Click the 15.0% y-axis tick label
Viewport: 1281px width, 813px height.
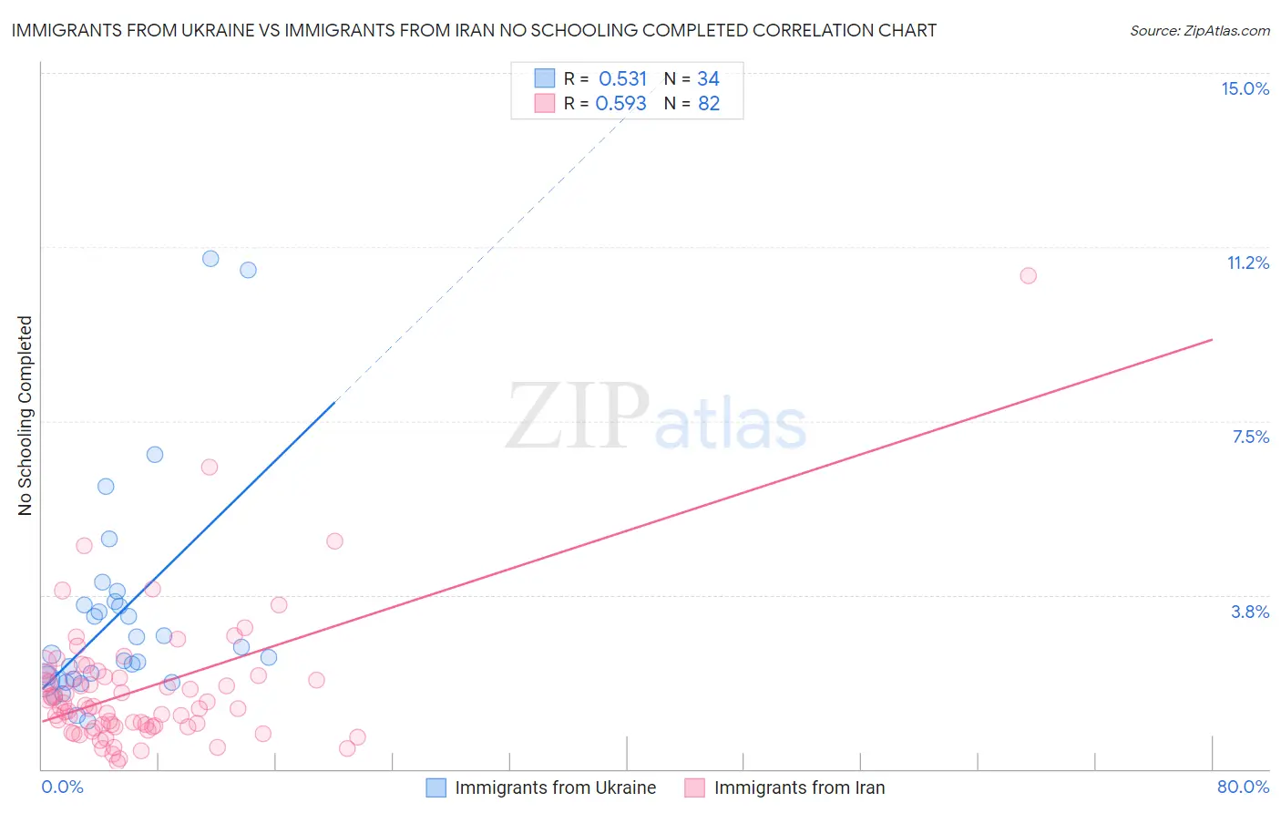click(x=1245, y=88)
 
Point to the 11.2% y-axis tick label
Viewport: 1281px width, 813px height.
click(x=1247, y=262)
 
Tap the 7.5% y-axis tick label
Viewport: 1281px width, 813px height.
click(x=1250, y=437)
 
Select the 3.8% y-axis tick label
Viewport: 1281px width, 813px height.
click(x=1250, y=612)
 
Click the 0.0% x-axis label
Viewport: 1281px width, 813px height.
click(x=62, y=787)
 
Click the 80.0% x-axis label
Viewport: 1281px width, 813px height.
click(x=1243, y=787)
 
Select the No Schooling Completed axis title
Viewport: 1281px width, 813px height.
click(x=26, y=416)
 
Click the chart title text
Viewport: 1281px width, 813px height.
click(x=474, y=30)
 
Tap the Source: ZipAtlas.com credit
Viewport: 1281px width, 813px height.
click(x=1199, y=30)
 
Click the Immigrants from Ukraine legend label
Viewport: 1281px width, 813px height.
click(x=555, y=787)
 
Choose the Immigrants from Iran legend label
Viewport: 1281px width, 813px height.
click(x=799, y=787)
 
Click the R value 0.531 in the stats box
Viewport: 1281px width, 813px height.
click(x=622, y=79)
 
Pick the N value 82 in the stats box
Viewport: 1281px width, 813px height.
click(x=709, y=104)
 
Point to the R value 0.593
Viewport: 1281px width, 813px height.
click(x=620, y=104)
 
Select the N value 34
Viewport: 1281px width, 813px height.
click(x=708, y=79)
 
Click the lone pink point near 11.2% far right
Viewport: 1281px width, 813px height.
click(x=1028, y=275)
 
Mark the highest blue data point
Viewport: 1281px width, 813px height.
click(x=210, y=258)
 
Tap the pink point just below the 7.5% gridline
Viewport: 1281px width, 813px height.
click(x=209, y=467)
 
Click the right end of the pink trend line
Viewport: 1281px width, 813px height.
click(x=1212, y=340)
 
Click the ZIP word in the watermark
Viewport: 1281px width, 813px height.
click(x=577, y=416)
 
